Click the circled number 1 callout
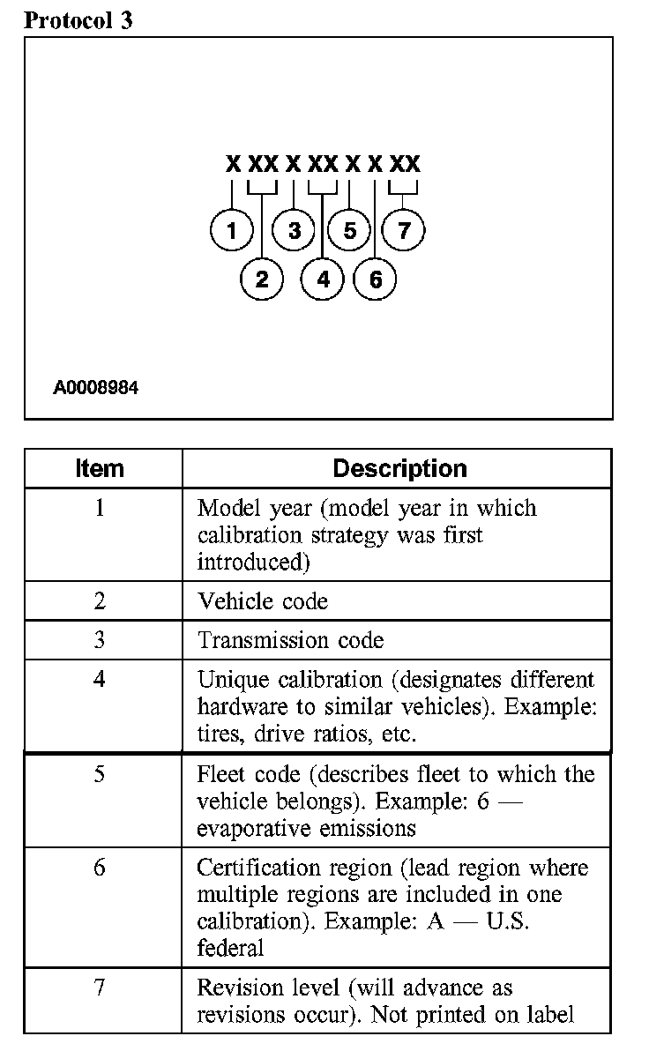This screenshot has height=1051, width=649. click(x=232, y=231)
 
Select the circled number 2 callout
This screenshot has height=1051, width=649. click(x=262, y=280)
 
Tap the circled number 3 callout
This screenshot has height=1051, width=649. click(x=295, y=231)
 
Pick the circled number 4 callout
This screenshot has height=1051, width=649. click(x=323, y=280)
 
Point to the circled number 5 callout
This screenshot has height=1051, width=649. click(x=350, y=231)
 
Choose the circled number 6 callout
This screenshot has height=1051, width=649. click(x=375, y=280)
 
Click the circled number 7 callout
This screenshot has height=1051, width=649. click(x=404, y=231)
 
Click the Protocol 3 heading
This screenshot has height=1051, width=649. click(x=78, y=19)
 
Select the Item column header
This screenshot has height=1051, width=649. click(x=100, y=468)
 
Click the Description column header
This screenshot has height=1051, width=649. click(x=399, y=468)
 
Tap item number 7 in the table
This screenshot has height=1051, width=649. click(x=100, y=988)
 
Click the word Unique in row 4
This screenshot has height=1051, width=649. click(x=228, y=681)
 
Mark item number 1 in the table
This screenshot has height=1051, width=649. click(x=100, y=510)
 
